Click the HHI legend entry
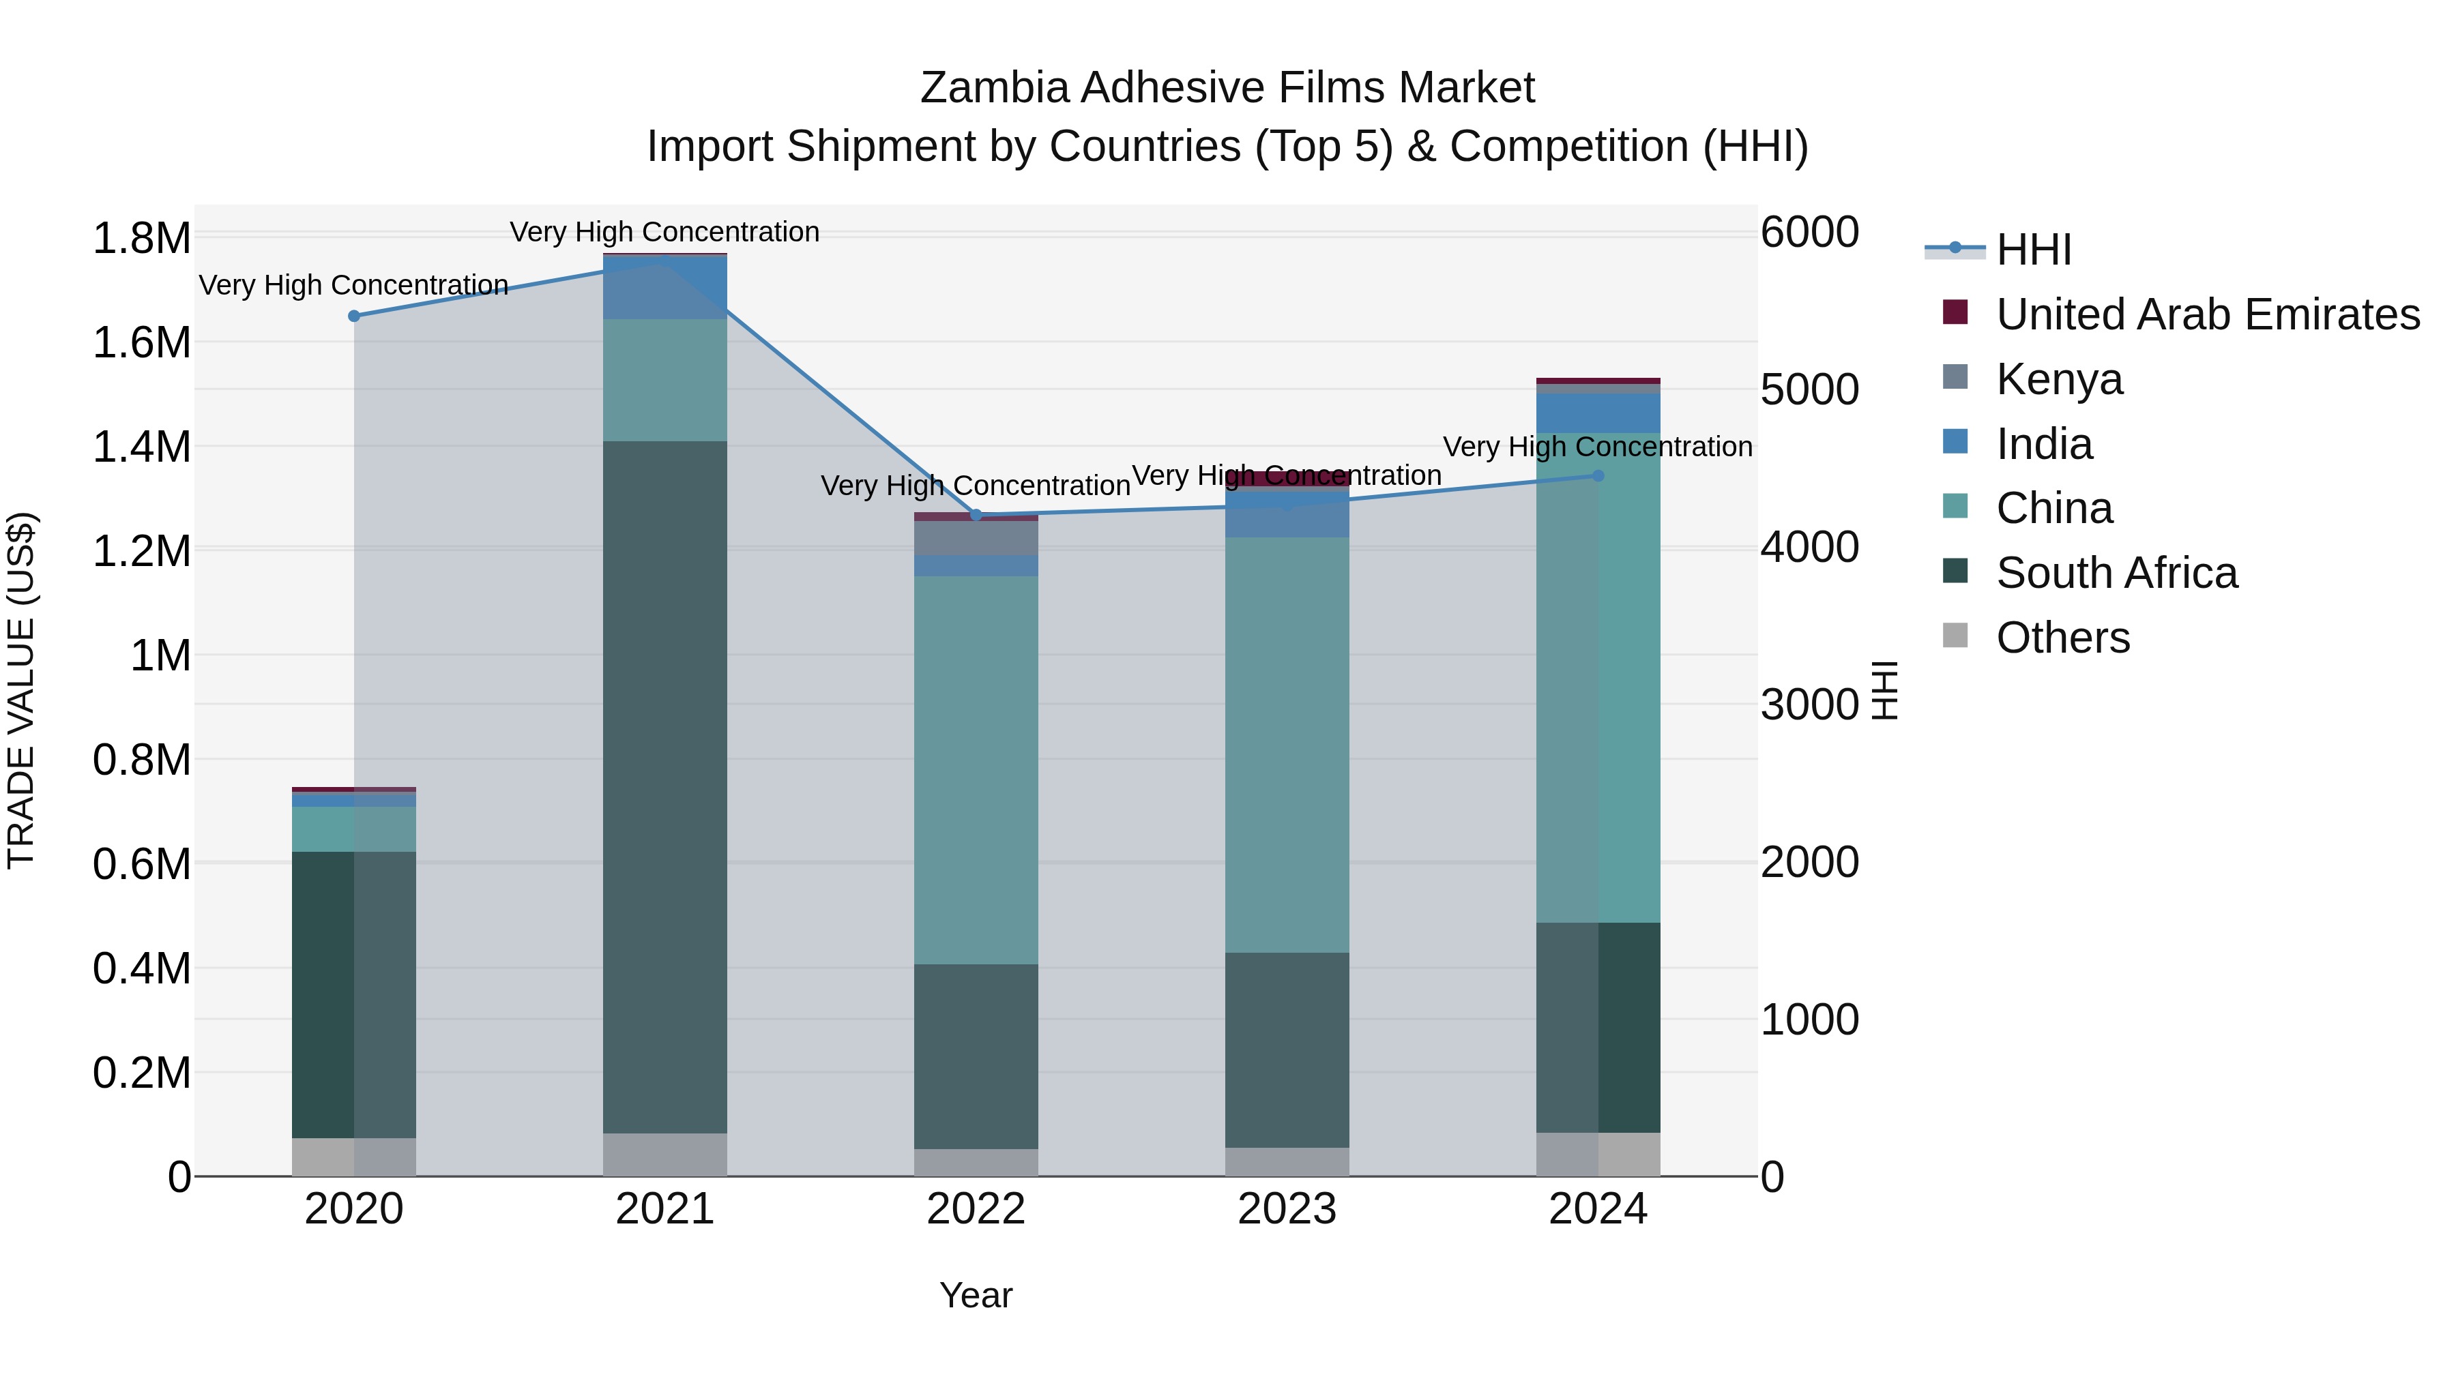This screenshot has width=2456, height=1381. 2033,250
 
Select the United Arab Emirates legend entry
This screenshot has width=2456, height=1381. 2207,314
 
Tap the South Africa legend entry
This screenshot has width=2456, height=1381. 2116,573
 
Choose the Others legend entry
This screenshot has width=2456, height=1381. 2062,638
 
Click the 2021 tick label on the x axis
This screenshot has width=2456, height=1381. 664,1209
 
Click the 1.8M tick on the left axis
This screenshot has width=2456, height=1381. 141,238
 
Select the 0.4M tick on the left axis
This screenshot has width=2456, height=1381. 141,968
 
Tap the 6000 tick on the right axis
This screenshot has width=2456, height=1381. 1809,233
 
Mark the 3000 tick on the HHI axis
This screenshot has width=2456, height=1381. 1809,705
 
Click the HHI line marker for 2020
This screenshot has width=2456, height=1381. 353,316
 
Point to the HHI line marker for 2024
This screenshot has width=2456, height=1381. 1598,475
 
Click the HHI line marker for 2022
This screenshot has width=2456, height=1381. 976,515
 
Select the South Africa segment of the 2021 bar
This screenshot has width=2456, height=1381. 664,786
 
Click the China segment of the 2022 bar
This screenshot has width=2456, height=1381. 976,769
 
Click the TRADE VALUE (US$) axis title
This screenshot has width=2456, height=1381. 21,690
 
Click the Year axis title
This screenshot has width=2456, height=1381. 976,1295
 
